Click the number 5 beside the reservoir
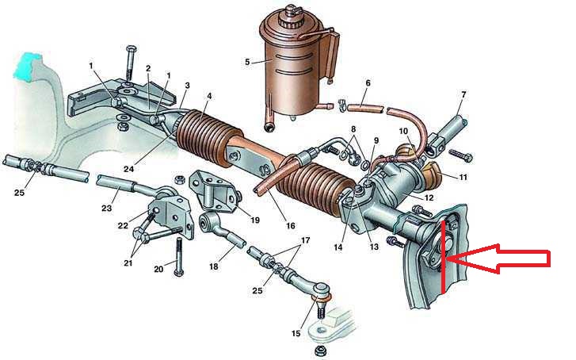point(247,62)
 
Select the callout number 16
point(290,225)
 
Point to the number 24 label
point(128,169)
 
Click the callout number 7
point(463,95)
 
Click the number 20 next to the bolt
point(158,269)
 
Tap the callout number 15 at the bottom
point(296,334)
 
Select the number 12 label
point(429,198)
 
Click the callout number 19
point(254,220)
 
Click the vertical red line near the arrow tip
point(444,258)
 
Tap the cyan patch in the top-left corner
point(26,66)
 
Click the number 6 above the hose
point(368,83)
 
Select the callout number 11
point(463,178)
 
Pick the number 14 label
point(338,247)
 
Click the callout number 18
point(213,266)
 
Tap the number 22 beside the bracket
point(123,225)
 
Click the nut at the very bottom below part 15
point(319,349)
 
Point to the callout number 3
point(187,86)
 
